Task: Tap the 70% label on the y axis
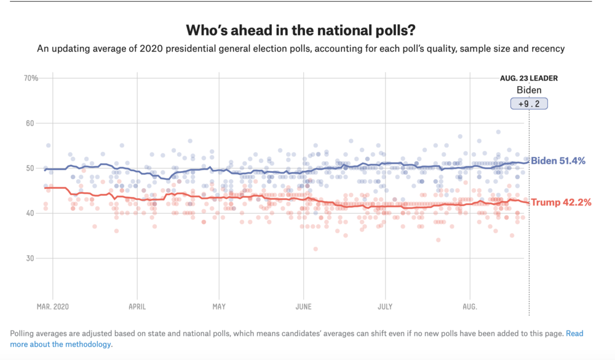[x=31, y=78]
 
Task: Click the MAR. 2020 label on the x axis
[x=53, y=305]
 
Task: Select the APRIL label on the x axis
[x=137, y=305]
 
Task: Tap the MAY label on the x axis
[x=219, y=305]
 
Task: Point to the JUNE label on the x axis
[x=303, y=305]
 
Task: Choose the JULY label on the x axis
[x=385, y=305]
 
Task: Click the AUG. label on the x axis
[x=470, y=305]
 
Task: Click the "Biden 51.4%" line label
[x=558, y=161]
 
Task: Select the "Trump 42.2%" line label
[x=561, y=202]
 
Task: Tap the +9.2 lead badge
[x=529, y=104]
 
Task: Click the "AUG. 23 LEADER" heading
[x=528, y=79]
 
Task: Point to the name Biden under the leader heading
[x=529, y=90]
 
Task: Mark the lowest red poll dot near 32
[x=315, y=249]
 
